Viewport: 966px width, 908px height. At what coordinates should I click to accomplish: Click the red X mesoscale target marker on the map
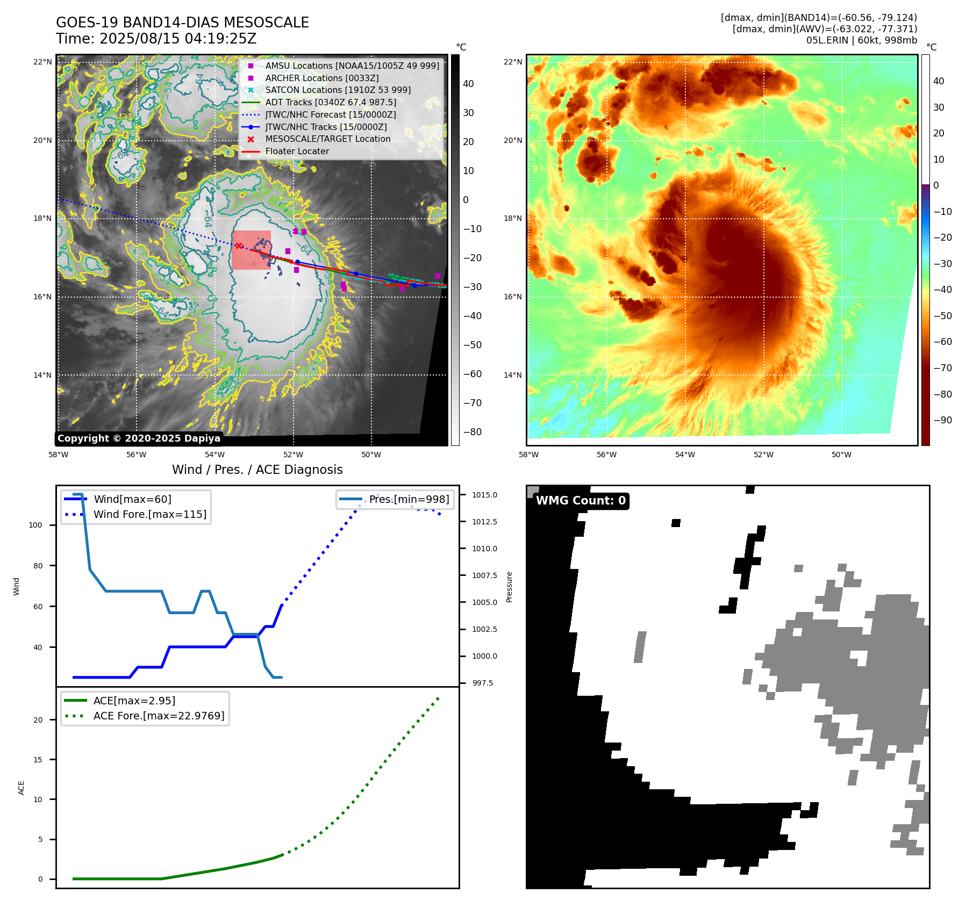(239, 246)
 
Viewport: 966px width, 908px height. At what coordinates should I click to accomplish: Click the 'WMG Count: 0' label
(581, 501)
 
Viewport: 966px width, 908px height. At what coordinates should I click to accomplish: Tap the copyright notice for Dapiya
(139, 438)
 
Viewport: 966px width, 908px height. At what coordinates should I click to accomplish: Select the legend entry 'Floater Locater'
(297, 152)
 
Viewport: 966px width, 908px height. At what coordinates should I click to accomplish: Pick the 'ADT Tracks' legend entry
(330, 102)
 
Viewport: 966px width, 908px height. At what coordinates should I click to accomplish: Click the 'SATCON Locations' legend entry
(338, 90)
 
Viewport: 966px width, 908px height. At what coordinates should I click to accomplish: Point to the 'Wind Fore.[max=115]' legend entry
(149, 515)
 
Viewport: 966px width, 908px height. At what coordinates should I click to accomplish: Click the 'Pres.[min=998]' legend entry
(409, 499)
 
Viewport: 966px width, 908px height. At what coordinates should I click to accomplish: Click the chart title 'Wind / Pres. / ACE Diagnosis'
(257, 470)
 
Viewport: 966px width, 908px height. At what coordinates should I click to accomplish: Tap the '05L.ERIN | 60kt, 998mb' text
(861, 40)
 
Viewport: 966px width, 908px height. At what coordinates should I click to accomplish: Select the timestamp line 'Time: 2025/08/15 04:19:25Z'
(156, 39)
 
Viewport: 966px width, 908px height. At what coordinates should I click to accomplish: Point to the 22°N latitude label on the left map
(42, 62)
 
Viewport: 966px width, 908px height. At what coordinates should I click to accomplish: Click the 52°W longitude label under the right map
(763, 455)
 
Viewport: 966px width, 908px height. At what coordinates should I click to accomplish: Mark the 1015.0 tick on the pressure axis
(484, 495)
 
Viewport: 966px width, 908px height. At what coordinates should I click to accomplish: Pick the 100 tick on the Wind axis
(35, 525)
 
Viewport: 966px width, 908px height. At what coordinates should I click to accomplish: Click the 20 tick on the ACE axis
(38, 720)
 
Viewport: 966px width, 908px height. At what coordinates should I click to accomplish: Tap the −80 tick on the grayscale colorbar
(473, 432)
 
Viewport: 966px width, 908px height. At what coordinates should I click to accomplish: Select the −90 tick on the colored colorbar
(942, 420)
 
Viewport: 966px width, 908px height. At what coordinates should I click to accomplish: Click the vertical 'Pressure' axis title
(509, 587)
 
